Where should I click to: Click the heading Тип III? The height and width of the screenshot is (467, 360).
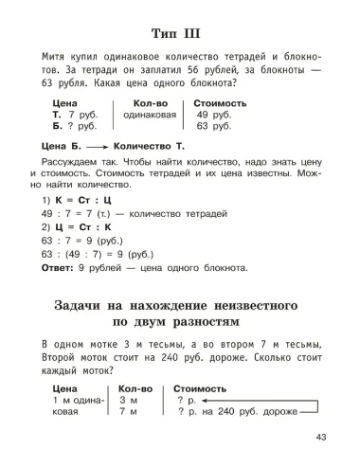click(180, 26)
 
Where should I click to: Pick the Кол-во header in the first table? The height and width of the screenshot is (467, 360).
click(150, 102)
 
